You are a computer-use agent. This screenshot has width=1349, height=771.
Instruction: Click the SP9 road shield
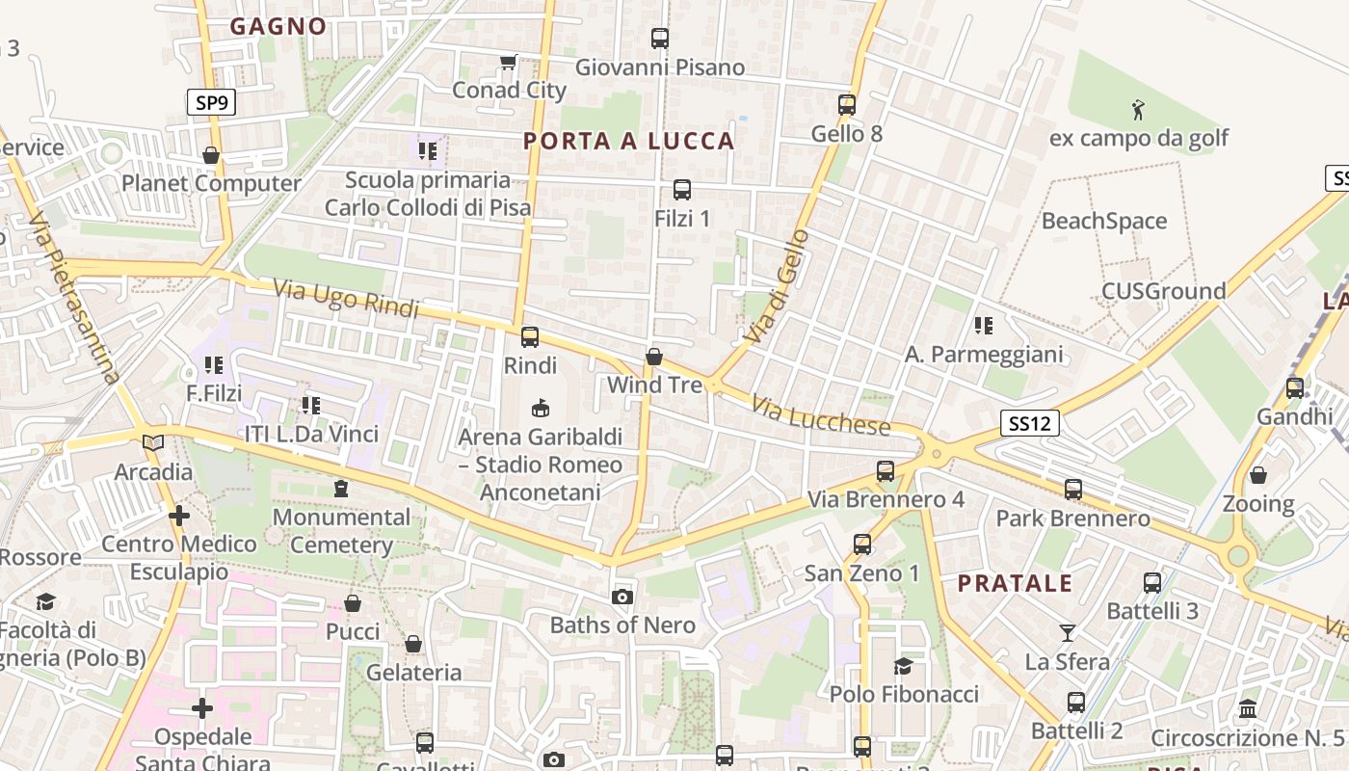tap(210, 102)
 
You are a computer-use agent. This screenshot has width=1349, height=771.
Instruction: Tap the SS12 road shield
tap(1029, 422)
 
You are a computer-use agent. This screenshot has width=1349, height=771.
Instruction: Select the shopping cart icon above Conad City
tap(508, 63)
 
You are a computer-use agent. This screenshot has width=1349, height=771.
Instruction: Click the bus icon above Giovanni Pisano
tap(660, 39)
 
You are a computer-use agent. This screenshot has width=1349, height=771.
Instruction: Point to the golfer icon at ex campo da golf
tap(1138, 109)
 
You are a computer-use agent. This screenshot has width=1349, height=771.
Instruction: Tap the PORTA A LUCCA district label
tap(629, 141)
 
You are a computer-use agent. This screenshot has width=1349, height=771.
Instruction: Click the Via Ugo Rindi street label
tap(346, 299)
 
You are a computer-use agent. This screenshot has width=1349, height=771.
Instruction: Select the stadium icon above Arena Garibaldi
tap(541, 409)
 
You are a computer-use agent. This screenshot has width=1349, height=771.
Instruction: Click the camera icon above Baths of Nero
tap(622, 597)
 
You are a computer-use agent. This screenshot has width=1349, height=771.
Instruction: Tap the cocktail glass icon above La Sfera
tap(1067, 633)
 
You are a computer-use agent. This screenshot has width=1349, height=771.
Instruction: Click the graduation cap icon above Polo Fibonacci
tap(903, 666)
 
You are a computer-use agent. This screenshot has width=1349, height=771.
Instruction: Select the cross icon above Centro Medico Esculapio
tap(179, 516)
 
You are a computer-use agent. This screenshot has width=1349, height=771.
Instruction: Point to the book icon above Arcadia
tap(153, 443)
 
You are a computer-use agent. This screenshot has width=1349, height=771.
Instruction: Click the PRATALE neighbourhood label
tap(1015, 583)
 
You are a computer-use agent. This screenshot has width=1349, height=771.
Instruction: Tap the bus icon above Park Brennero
tap(1072, 490)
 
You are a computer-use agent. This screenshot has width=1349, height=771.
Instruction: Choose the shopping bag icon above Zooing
tap(1257, 475)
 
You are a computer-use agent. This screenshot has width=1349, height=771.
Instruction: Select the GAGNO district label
tap(278, 26)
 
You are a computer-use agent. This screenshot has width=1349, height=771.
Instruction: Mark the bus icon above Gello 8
tap(847, 104)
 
